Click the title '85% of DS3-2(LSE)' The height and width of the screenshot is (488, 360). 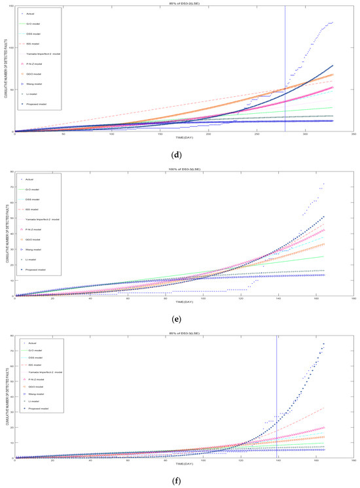point(181,4)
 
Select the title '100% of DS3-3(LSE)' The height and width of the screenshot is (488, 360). point(181,169)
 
